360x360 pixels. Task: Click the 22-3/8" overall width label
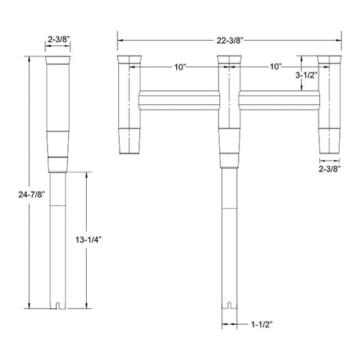tap(229, 37)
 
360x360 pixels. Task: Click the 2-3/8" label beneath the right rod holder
tap(329, 167)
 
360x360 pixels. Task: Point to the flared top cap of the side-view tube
tap(60, 60)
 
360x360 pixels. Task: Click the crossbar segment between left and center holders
tap(178, 100)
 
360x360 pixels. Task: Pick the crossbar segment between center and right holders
tap(279, 100)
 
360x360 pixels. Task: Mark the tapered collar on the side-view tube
tap(60, 144)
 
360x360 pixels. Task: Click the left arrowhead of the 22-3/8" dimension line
tap(119, 37)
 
